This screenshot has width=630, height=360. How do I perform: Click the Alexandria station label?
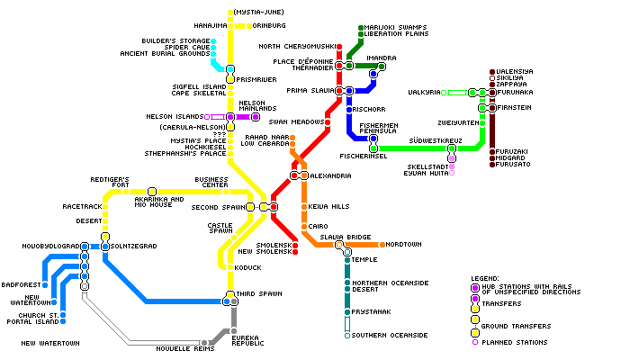pos(330,175)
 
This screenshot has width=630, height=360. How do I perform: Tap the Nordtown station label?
pos(405,244)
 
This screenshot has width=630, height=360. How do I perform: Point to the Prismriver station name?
pos(256,79)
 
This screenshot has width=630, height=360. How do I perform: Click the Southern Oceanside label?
pos(390,335)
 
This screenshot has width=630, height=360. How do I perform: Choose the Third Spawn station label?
pos(259,294)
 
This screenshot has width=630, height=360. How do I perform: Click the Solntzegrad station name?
pos(133,246)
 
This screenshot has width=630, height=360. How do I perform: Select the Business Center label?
pos(211,183)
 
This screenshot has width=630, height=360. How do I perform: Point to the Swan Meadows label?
pos(296,121)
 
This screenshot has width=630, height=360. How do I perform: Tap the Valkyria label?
pos(424,92)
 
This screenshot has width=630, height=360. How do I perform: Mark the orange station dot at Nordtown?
pos(382,244)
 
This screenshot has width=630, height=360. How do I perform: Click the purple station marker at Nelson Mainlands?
pos(256,117)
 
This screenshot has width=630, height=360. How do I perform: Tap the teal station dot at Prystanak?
pos(346,312)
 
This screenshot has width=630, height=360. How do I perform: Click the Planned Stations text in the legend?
pos(516,341)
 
